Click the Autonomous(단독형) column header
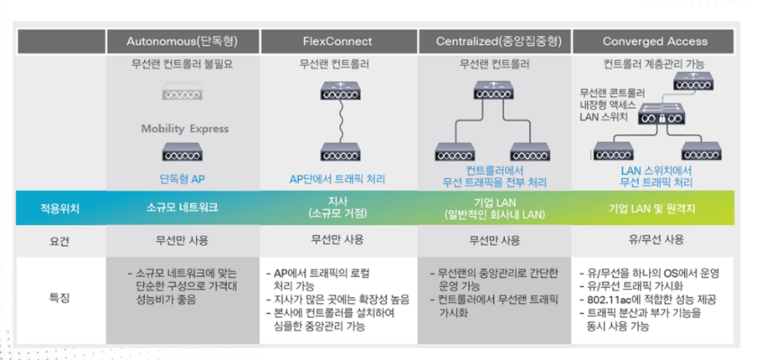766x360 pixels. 183,41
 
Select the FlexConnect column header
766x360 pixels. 338,41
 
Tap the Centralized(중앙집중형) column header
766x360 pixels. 496,41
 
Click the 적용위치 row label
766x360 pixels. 60,207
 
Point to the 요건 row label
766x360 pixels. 60,240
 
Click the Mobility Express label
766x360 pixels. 184,129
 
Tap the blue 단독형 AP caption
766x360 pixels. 184,178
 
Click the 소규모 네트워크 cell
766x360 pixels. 183,207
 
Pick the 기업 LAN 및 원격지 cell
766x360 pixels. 654,207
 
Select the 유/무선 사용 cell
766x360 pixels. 654,240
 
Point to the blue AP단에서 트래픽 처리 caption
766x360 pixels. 338,178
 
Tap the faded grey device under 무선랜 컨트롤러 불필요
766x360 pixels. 184,93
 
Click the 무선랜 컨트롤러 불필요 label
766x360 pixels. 183,65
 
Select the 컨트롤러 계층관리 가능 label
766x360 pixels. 654,65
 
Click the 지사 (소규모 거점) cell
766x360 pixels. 338,207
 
